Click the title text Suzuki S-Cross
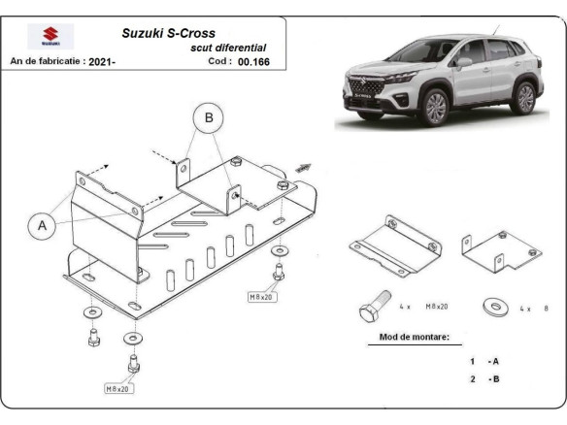(168, 33)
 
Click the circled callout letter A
(43, 225)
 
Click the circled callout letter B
(207, 118)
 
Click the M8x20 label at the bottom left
(118, 388)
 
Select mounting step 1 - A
(484, 361)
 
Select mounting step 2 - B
(484, 378)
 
